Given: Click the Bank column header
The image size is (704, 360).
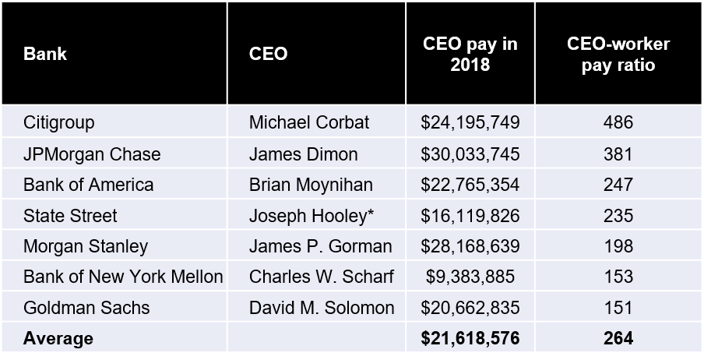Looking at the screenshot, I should [44, 55].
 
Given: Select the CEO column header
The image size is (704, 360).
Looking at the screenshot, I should [268, 55].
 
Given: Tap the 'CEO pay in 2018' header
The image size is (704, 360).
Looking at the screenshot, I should [470, 55].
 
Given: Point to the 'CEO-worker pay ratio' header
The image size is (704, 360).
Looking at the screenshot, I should [618, 55].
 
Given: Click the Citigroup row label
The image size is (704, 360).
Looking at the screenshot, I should [59, 123].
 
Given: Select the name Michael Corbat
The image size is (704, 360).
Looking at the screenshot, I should [309, 123].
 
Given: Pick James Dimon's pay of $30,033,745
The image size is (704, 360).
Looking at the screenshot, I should [470, 154].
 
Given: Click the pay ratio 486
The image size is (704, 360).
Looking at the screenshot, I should [618, 123].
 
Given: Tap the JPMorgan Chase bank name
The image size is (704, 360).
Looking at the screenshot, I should [92, 154].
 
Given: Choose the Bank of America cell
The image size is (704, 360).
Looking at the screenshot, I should [88, 185].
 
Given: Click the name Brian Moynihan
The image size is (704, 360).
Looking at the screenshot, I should [311, 185].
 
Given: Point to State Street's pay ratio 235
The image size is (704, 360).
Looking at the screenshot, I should [618, 216].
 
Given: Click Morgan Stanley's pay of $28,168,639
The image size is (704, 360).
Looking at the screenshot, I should [470, 246].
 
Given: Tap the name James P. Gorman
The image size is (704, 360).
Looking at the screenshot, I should [320, 246].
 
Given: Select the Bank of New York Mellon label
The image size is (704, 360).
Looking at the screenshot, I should [123, 277].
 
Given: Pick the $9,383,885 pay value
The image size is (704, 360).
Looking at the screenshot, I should [470, 277].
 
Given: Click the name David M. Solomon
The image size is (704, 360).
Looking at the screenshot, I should [322, 308].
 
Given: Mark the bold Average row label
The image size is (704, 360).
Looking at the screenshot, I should [58, 338].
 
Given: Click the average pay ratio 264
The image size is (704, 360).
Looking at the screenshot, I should [618, 338].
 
